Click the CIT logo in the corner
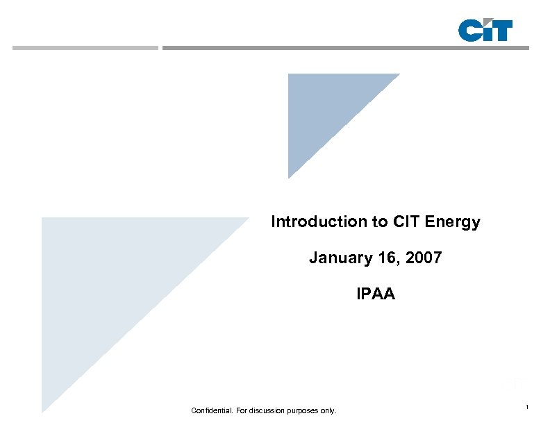pyautogui.click(x=485, y=31)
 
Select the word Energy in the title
pyautogui.click(x=457, y=222)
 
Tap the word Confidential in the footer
pyautogui.click(x=212, y=411)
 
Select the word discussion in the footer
pyautogui.click(x=267, y=411)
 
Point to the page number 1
pyautogui.click(x=528, y=406)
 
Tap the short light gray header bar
pyautogui.click(x=85, y=48)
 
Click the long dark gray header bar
pyautogui.click(x=345, y=48)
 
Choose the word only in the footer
pyautogui.click(x=328, y=411)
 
